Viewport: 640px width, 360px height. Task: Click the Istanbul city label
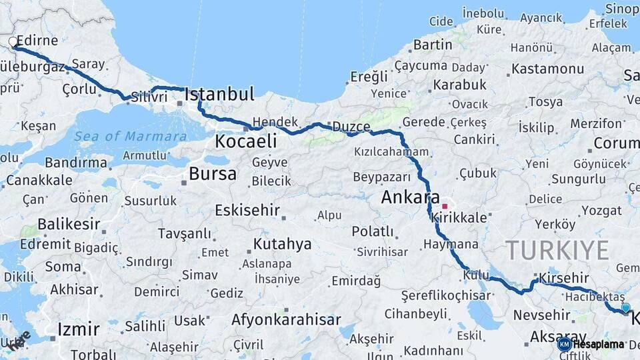219,95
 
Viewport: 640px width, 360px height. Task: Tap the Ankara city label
410,198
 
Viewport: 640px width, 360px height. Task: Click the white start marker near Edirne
13,42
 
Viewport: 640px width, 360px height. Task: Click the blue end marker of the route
625,307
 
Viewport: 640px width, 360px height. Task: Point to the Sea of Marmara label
130,136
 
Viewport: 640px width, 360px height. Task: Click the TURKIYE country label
557,251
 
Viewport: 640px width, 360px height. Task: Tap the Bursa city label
212,175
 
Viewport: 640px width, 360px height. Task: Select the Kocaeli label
245,141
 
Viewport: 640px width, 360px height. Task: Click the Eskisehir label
247,211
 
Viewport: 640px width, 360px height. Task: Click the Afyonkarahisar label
286,319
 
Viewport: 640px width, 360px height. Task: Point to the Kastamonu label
548,69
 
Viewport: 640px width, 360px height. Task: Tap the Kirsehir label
565,277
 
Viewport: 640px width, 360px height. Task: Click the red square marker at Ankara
445,207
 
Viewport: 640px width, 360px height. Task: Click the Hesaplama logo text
598,345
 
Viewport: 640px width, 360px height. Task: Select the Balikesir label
69,223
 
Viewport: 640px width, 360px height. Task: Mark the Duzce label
351,127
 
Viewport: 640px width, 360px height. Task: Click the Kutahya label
282,244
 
